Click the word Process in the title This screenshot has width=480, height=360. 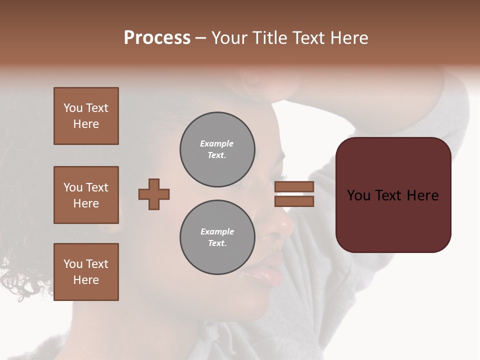(x=157, y=38)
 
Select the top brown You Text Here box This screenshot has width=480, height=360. (x=86, y=116)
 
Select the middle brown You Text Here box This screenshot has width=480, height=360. (x=86, y=195)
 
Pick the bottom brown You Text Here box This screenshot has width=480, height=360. (x=86, y=272)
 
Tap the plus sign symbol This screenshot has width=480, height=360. (x=154, y=194)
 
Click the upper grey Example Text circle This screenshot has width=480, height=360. (x=217, y=149)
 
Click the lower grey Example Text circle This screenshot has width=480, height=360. (x=217, y=237)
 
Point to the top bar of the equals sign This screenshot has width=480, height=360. (x=294, y=186)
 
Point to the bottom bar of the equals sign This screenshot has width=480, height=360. (x=294, y=201)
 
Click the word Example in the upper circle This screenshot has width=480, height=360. (x=217, y=143)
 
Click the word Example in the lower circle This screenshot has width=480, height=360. (x=217, y=231)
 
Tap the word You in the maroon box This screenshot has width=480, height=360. (x=359, y=195)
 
